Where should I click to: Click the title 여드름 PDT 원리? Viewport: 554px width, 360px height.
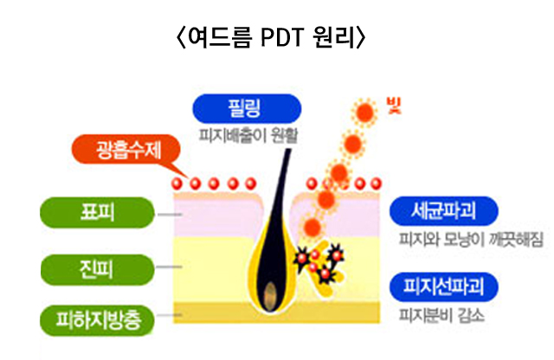(x=271, y=36)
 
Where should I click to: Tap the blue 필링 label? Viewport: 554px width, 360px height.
(x=247, y=109)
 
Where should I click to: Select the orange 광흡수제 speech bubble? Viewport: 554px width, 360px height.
(x=126, y=150)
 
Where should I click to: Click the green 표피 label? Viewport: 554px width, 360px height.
(x=97, y=213)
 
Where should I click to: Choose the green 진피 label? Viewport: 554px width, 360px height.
(x=97, y=269)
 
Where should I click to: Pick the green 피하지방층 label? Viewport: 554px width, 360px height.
(x=97, y=320)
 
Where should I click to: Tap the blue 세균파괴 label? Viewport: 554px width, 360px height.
(x=444, y=211)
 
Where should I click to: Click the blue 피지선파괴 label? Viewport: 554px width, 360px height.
(x=444, y=286)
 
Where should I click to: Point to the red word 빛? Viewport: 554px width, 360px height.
(x=394, y=106)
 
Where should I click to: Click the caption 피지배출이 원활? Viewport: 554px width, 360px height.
(x=248, y=135)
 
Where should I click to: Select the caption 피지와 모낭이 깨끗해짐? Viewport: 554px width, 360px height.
(x=471, y=240)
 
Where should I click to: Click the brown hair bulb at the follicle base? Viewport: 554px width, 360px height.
(x=270, y=294)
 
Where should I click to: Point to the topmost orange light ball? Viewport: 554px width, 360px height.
(x=364, y=112)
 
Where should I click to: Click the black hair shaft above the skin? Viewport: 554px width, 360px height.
(x=280, y=170)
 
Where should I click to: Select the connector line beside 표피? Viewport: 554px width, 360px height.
(x=170, y=215)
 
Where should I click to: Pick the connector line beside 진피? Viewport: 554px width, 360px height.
(x=170, y=267)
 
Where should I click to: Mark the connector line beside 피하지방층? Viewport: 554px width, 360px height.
(x=170, y=315)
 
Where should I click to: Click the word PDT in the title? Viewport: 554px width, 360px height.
(x=282, y=37)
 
